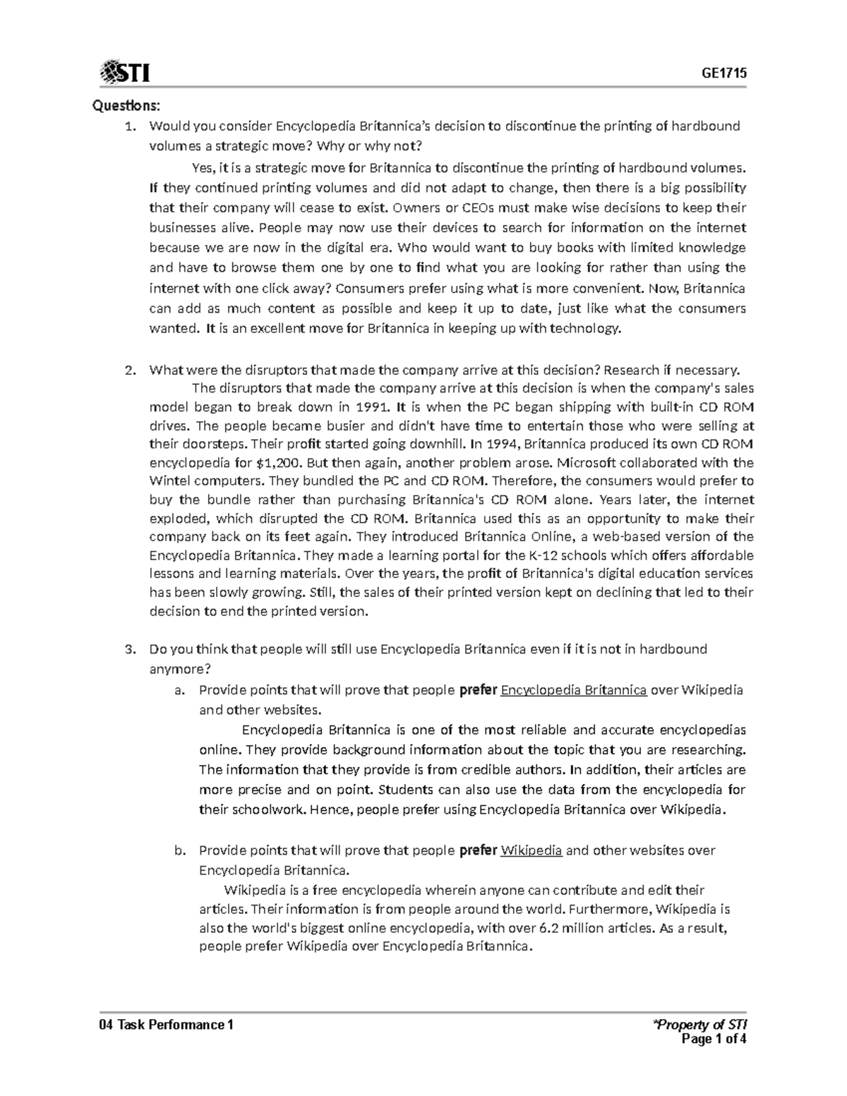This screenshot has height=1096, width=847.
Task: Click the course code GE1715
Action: point(724,73)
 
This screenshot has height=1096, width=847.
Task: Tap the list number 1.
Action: point(128,126)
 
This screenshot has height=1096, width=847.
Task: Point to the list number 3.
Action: point(128,649)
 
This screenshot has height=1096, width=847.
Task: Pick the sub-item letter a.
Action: point(179,690)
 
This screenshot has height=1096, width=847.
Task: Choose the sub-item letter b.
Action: point(179,850)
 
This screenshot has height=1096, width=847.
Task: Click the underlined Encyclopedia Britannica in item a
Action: point(573,690)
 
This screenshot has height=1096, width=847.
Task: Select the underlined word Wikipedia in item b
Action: point(531,850)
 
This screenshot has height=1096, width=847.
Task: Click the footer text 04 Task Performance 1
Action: point(167,1024)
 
